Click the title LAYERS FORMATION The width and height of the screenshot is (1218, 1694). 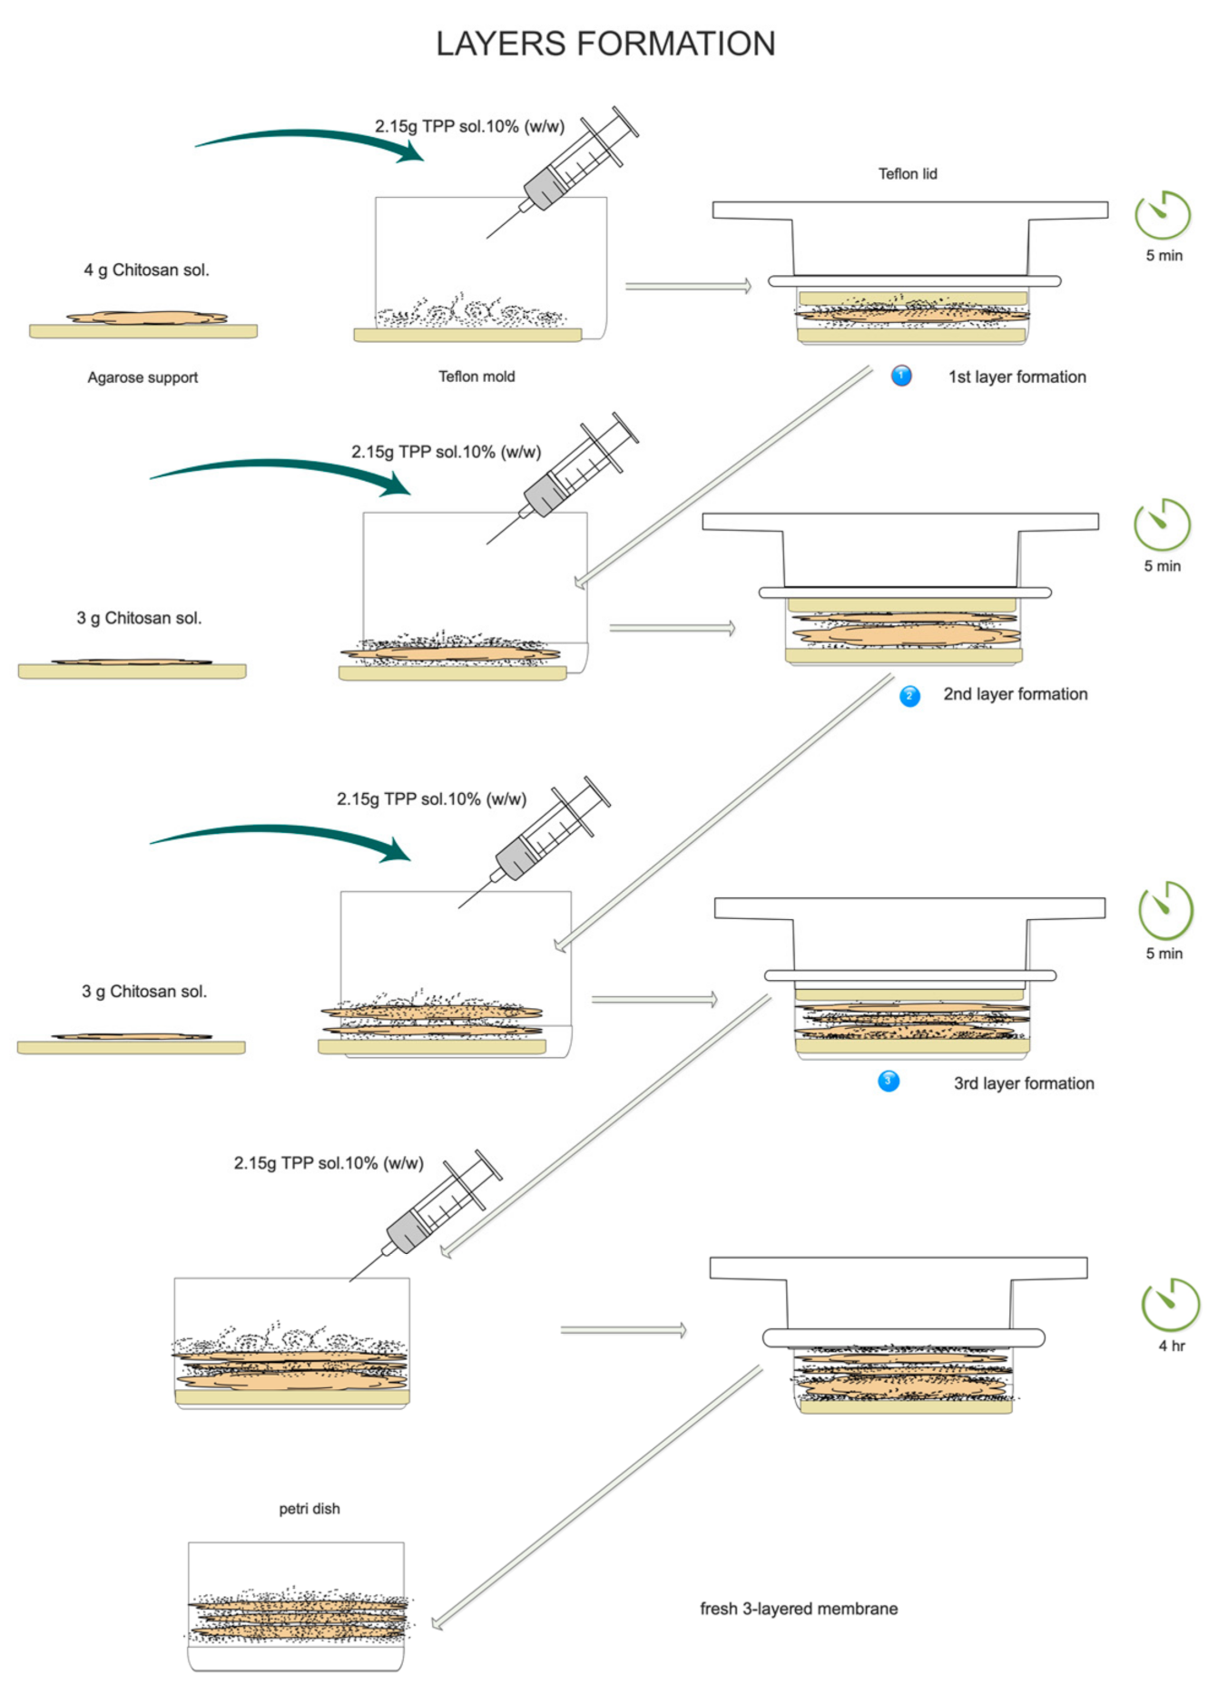click(605, 44)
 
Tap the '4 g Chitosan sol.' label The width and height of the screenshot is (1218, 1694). click(146, 270)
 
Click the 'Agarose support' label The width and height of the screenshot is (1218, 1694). click(142, 377)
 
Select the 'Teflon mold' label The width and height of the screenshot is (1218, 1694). click(476, 377)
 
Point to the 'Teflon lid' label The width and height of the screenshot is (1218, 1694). click(907, 174)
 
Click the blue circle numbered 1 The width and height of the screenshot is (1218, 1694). click(900, 376)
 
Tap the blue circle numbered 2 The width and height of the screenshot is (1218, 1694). click(909, 696)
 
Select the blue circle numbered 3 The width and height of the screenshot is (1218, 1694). click(889, 1081)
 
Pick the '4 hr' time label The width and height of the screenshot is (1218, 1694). click(1171, 1346)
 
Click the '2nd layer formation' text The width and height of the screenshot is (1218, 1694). click(1015, 694)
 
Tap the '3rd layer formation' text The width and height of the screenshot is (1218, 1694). click(1023, 1083)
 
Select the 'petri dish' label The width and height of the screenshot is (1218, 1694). click(309, 1509)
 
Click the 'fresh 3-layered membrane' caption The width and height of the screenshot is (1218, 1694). click(799, 1609)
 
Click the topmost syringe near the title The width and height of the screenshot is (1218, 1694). click(572, 168)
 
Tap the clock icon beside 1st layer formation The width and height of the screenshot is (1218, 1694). click(1162, 216)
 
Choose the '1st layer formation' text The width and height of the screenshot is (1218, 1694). click(1017, 377)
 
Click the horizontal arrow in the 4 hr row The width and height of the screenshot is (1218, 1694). click(623, 1330)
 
